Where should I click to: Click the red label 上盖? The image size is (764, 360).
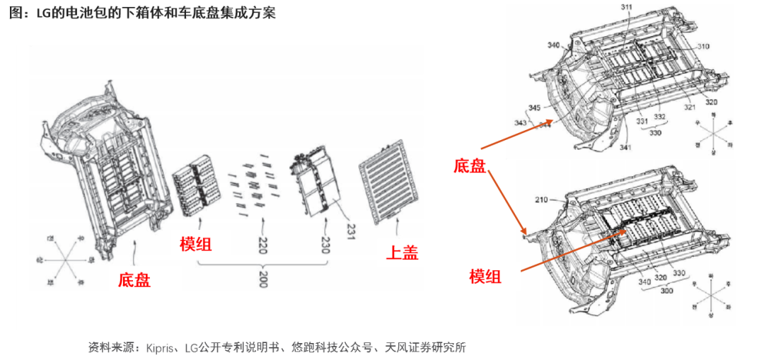[402, 252]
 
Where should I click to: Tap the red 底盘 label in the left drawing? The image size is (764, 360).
[134, 279]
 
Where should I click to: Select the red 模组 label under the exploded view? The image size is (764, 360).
[196, 245]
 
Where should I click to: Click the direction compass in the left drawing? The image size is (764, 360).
[62, 260]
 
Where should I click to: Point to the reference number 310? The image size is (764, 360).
[702, 46]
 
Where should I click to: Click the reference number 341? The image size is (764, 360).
[626, 147]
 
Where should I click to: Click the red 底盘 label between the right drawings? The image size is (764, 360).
[470, 167]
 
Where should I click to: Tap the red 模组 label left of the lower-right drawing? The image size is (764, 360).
[485, 276]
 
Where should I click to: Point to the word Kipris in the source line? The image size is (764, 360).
[161, 347]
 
